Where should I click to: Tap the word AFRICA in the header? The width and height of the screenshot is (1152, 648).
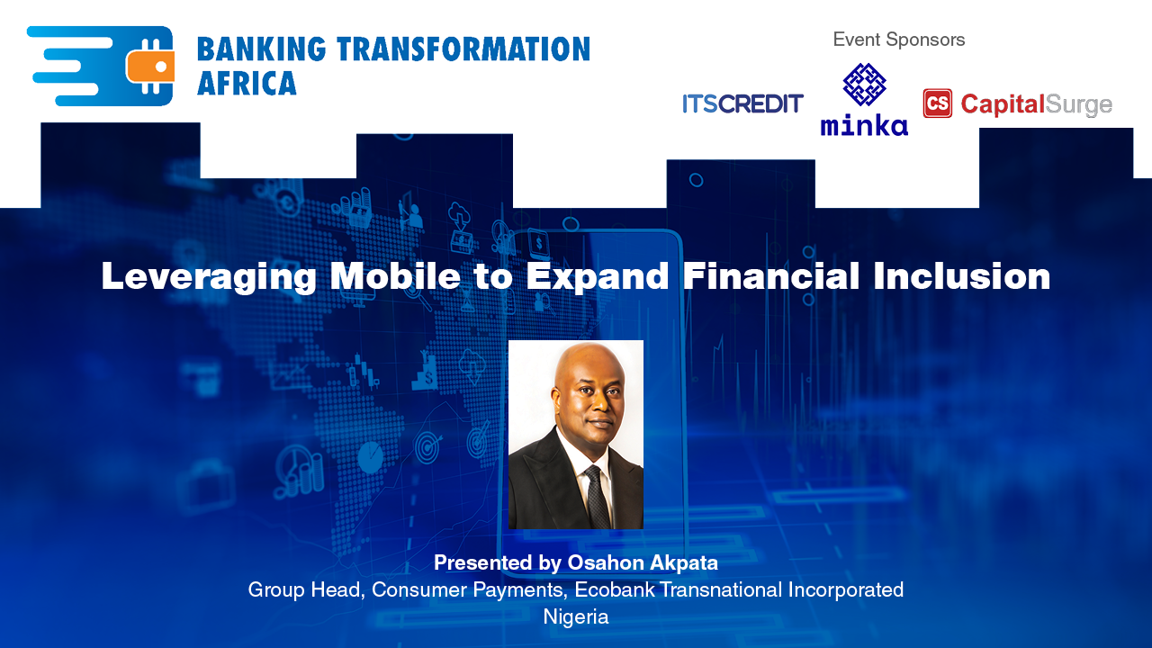[247, 83]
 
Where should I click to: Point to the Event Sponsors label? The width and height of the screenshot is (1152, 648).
[898, 40]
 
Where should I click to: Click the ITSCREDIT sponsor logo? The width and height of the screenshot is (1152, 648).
[742, 104]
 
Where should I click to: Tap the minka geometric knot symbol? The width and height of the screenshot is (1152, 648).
[864, 85]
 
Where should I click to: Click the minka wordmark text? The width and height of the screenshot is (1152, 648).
[864, 125]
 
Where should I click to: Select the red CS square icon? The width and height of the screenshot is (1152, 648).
[937, 103]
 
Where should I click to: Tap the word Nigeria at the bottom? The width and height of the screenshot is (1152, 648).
[576, 617]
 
